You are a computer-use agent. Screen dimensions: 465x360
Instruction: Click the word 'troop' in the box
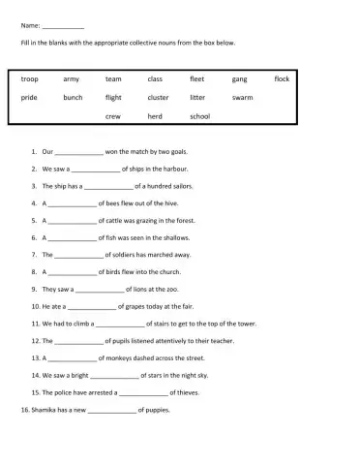tap(29, 78)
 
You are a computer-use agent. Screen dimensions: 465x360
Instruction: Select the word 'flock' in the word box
tap(282, 78)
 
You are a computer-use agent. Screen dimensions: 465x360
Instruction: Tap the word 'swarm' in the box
tap(242, 97)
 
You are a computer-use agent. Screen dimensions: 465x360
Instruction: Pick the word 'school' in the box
tap(200, 115)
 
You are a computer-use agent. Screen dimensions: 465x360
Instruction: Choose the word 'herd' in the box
tap(156, 115)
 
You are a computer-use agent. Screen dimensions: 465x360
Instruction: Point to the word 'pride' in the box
tap(29, 97)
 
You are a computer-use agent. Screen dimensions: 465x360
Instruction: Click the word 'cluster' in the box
tap(158, 97)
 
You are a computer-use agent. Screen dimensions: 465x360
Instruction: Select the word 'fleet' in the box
tap(197, 78)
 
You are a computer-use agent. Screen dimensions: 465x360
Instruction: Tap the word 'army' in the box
tap(71, 78)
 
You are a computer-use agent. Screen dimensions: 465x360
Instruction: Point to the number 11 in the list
tap(34, 324)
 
